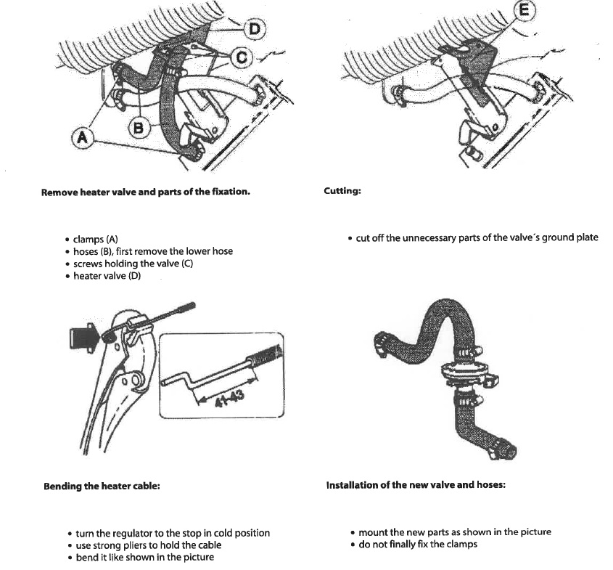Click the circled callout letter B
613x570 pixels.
[138, 128]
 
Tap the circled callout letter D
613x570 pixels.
[255, 29]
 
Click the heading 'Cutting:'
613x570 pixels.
[342, 192]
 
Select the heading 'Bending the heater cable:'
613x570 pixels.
[102, 486]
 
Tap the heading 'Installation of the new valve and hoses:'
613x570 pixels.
[416, 484]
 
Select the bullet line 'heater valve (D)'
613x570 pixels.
[107, 276]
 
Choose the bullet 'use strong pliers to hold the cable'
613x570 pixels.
[149, 545]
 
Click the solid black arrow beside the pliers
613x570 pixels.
[81, 335]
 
